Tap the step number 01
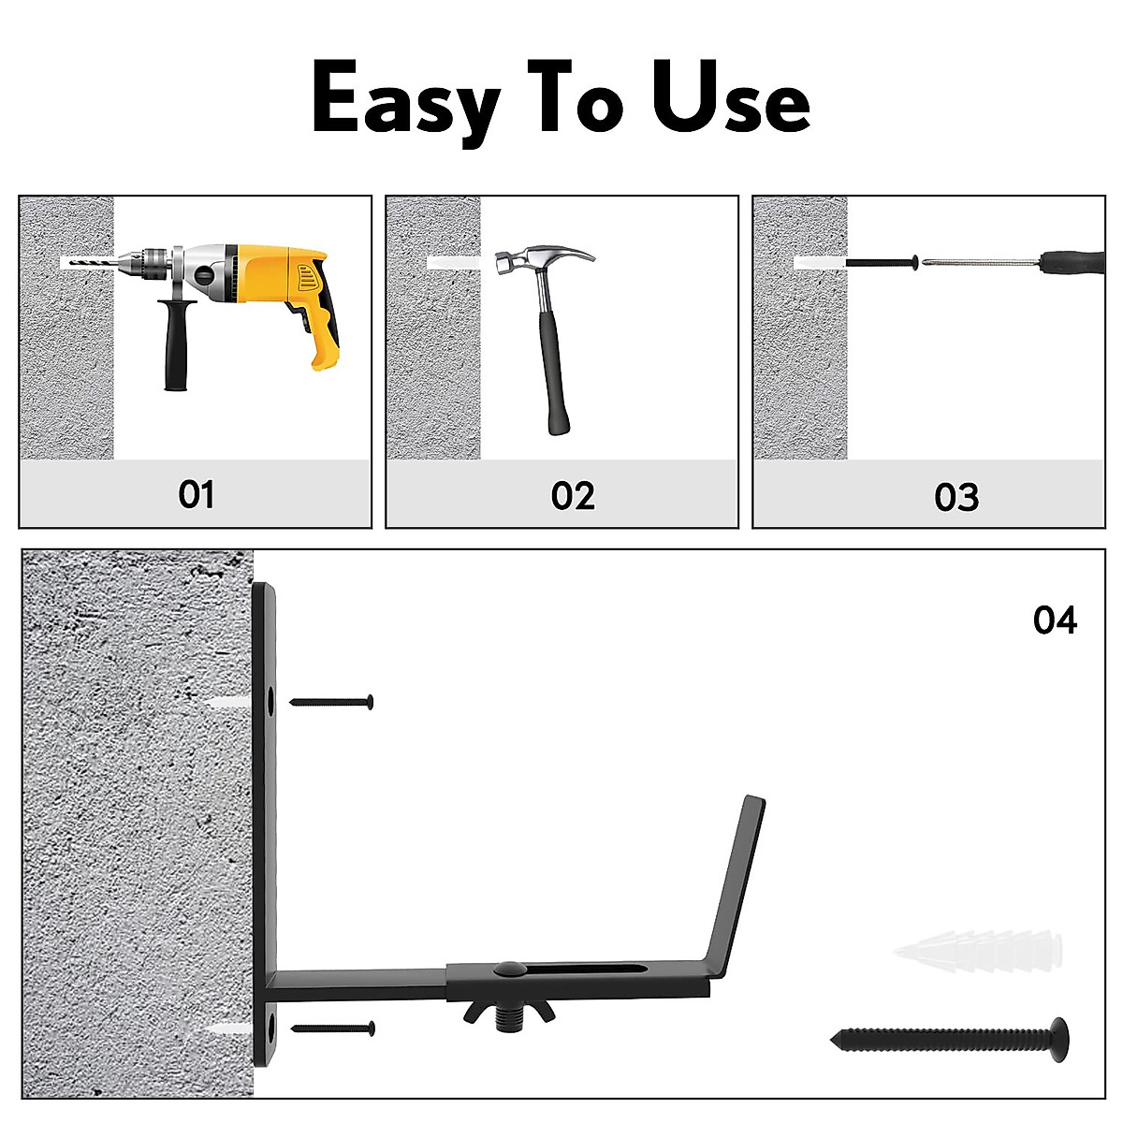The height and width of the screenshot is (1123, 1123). (x=197, y=494)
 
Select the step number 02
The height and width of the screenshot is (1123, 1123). (x=573, y=495)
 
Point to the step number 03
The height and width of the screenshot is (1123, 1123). (x=956, y=497)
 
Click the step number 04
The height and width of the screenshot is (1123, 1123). (x=1055, y=620)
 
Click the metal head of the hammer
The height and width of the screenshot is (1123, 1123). (x=543, y=258)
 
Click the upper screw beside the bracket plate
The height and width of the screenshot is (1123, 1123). (x=332, y=701)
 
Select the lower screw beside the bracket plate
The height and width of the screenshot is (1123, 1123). (x=333, y=1028)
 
